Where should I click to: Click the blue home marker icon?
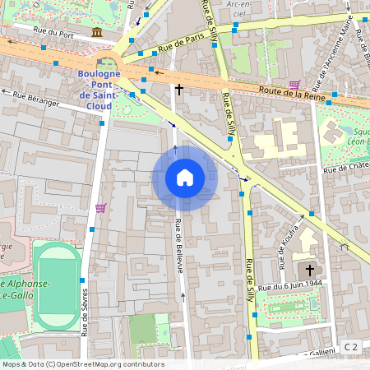pos(184,178)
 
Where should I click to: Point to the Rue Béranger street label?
pos(42,99)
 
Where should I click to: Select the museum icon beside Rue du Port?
pos(98,32)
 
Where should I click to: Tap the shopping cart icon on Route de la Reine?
pos(294,84)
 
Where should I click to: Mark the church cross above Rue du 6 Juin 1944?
pos(310,270)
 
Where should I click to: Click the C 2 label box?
pos(351,346)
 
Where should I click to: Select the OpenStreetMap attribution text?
pos(82,364)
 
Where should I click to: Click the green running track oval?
pos(58,281)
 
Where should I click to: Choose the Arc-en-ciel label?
pos(239,9)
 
